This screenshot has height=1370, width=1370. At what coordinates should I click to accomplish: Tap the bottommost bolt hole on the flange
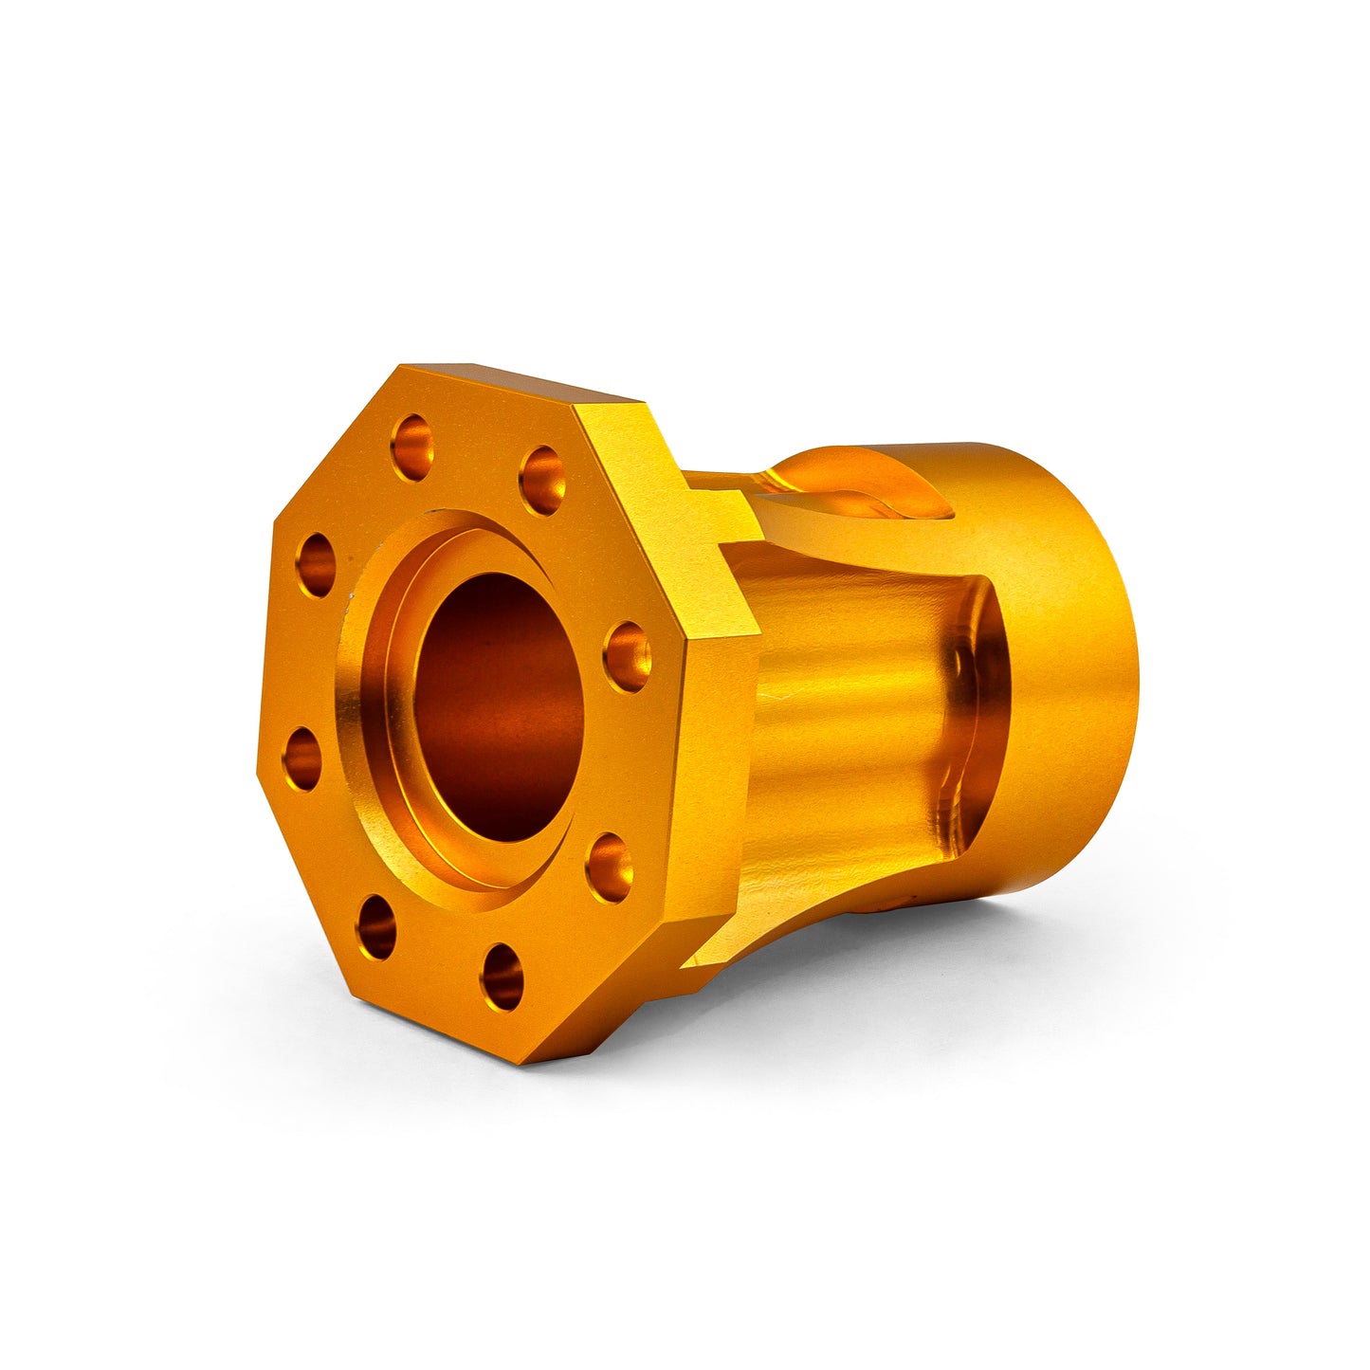point(502,976)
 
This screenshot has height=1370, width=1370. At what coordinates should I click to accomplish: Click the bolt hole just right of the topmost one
point(542,480)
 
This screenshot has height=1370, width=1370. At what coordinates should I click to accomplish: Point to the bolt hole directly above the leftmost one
point(316,565)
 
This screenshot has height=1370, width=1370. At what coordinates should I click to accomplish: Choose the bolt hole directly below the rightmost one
point(609,867)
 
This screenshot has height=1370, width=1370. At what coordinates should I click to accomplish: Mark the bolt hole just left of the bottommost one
point(377,926)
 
